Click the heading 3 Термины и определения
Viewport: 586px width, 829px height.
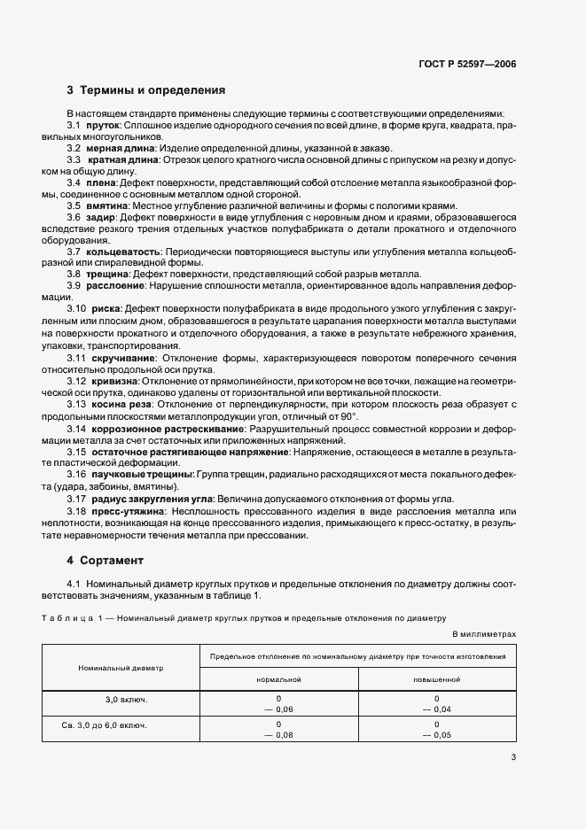pos(146,90)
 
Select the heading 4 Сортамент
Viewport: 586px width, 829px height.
pos(106,561)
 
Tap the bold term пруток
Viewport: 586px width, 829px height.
pos(103,126)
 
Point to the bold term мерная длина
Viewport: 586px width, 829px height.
pos(121,148)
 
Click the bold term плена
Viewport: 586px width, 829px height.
pos(101,182)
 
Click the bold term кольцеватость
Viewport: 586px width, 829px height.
pos(124,252)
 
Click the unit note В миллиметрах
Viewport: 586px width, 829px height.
pos(483,634)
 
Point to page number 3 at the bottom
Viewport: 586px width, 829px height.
pos(513,756)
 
